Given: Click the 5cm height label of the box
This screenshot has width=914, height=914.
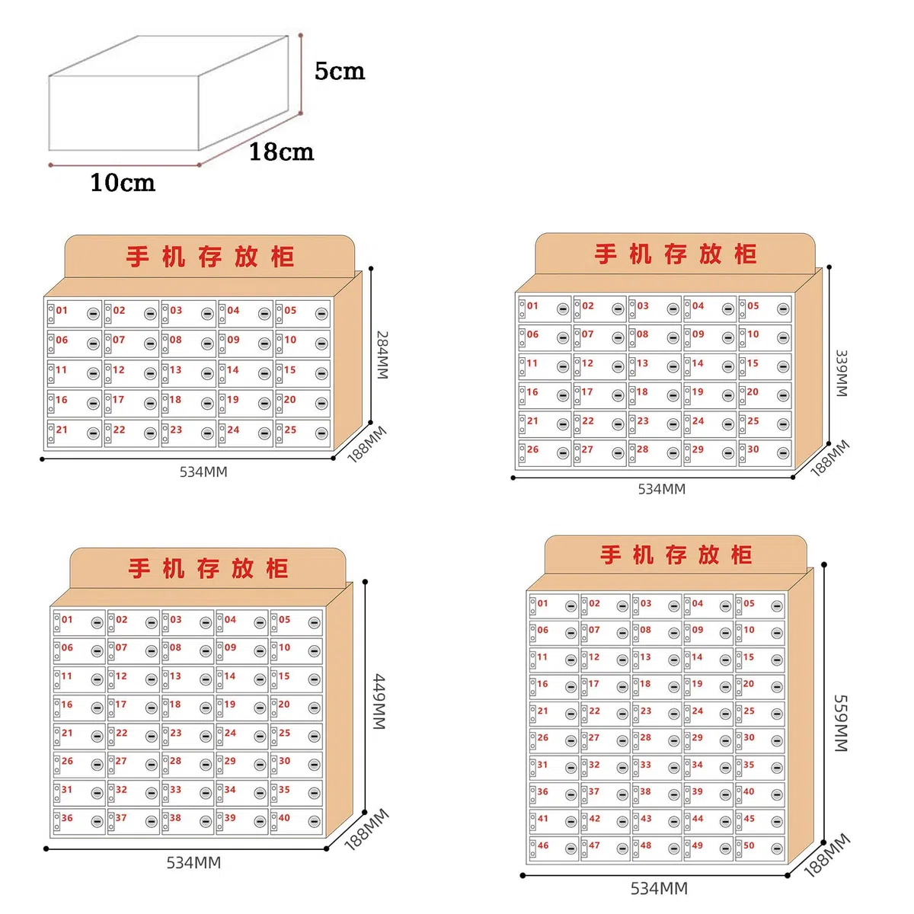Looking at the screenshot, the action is tap(340, 71).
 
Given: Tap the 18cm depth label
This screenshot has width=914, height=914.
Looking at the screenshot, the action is tap(281, 152).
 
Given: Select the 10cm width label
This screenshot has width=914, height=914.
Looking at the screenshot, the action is tap(123, 183).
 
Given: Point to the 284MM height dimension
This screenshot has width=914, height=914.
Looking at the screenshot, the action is tap(382, 355).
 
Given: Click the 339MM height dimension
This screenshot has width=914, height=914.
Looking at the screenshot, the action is tap(841, 373).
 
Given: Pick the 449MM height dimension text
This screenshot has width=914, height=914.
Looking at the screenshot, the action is tap(379, 701).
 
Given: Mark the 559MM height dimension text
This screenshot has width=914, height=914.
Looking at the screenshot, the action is tap(840, 724).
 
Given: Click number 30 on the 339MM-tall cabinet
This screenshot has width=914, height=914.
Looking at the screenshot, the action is tap(753, 449).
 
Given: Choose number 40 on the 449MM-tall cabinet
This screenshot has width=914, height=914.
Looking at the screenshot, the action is tap(284, 818).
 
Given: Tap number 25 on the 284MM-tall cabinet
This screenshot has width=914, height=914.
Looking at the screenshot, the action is tap(290, 430).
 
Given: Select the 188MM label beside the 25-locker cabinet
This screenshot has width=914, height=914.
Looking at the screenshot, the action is tap(366, 444).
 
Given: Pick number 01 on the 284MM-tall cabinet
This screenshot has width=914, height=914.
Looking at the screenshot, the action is tap(62, 310).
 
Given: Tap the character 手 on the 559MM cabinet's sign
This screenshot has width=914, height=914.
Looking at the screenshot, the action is tap(611, 554).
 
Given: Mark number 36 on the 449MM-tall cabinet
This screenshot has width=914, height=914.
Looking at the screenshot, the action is tap(67, 818).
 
